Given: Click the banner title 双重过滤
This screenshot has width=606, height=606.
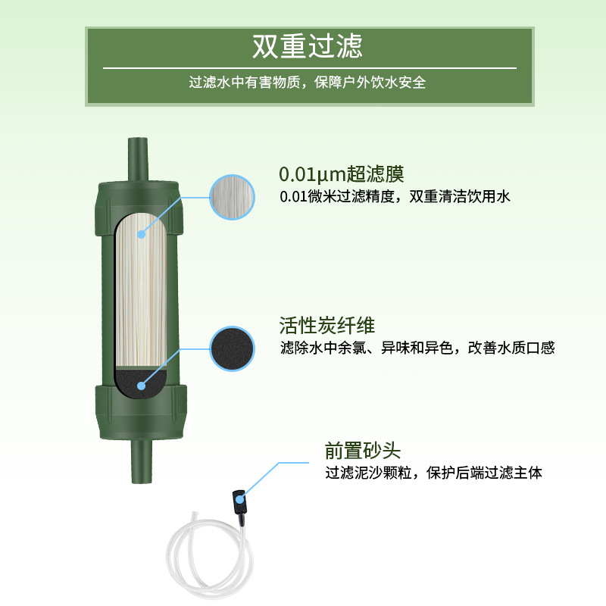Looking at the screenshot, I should click(x=308, y=46).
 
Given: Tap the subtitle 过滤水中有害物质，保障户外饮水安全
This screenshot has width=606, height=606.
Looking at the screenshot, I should click(x=308, y=83).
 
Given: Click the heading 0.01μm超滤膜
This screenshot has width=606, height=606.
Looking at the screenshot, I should click(x=336, y=175).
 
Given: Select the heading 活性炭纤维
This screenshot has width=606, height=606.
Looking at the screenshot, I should click(x=326, y=326).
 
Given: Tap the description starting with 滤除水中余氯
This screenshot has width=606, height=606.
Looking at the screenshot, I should click(x=417, y=348).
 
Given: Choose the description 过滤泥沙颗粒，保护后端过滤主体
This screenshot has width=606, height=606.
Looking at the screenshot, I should click(x=434, y=473).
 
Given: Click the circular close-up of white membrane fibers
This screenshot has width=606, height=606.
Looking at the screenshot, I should click(x=231, y=196).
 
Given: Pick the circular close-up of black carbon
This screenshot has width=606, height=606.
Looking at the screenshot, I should click(x=231, y=348).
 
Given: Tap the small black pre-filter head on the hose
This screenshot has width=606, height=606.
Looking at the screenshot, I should click(x=239, y=501).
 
